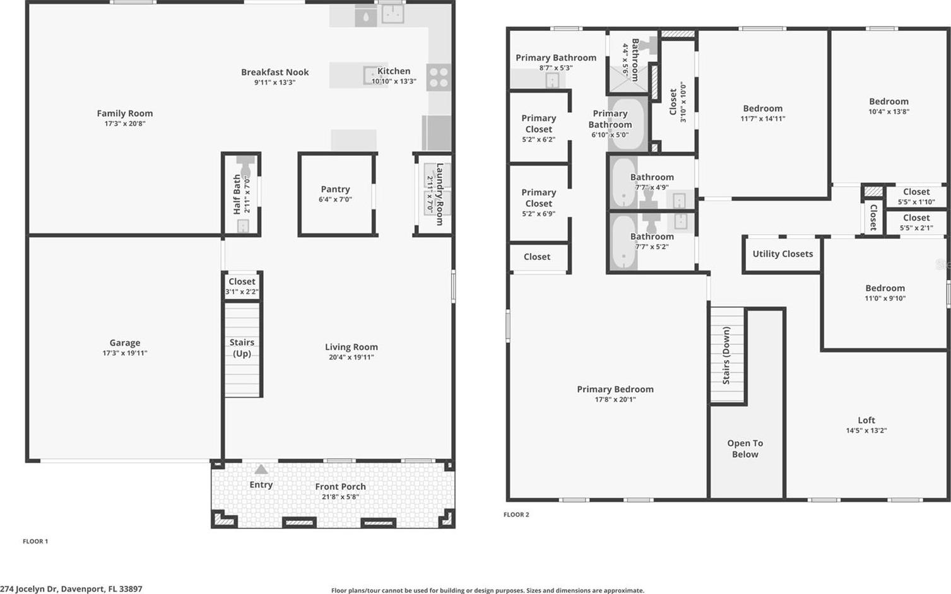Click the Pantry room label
point(335,189)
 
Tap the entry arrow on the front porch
point(261,469)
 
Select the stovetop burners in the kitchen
point(439,77)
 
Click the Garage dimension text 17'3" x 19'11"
point(125,353)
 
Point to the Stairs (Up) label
point(242,348)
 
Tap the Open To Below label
point(745,448)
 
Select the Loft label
point(866,420)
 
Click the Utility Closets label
point(783,253)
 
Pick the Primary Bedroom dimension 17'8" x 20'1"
point(615,399)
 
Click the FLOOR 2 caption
point(516,515)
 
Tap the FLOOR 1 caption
point(35,542)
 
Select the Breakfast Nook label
point(275,72)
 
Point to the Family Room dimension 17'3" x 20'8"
point(125,124)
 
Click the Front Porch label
point(340,487)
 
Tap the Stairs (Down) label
point(726,356)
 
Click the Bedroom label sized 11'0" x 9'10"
point(885,288)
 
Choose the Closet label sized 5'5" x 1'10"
point(917,192)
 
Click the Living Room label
point(351,347)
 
